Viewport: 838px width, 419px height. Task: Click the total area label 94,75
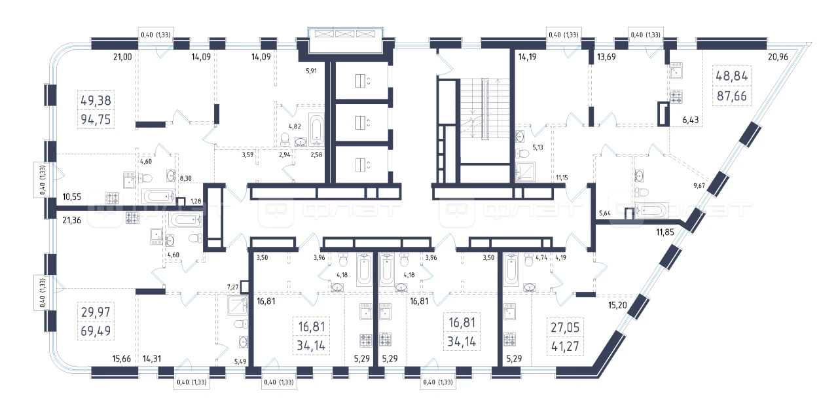click(x=96, y=120)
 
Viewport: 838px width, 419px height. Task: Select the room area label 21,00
click(x=122, y=57)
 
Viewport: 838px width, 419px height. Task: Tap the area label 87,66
click(x=732, y=96)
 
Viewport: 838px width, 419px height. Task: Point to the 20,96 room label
click(x=778, y=57)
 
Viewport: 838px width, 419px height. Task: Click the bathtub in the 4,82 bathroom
click(x=316, y=130)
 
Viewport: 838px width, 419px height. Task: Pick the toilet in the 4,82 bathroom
click(x=285, y=139)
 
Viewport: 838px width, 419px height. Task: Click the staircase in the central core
click(x=485, y=109)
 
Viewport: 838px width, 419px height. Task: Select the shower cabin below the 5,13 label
click(x=525, y=172)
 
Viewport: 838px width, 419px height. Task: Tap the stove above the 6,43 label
click(x=676, y=97)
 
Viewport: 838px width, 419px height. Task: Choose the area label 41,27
click(x=565, y=346)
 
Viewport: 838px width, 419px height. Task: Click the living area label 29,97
click(x=96, y=312)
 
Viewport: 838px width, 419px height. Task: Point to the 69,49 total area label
click(x=96, y=331)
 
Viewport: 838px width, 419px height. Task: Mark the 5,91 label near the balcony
click(x=311, y=71)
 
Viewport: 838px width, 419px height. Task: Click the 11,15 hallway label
click(x=562, y=177)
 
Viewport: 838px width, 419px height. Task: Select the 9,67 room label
click(x=699, y=185)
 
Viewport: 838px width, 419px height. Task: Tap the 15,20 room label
click(x=617, y=305)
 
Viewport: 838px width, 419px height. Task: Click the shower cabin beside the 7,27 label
click(x=238, y=305)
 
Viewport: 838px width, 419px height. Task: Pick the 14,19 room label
click(x=527, y=57)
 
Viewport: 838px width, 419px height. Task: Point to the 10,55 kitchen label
click(x=71, y=197)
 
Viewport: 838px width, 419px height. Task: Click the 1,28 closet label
click(x=196, y=201)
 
